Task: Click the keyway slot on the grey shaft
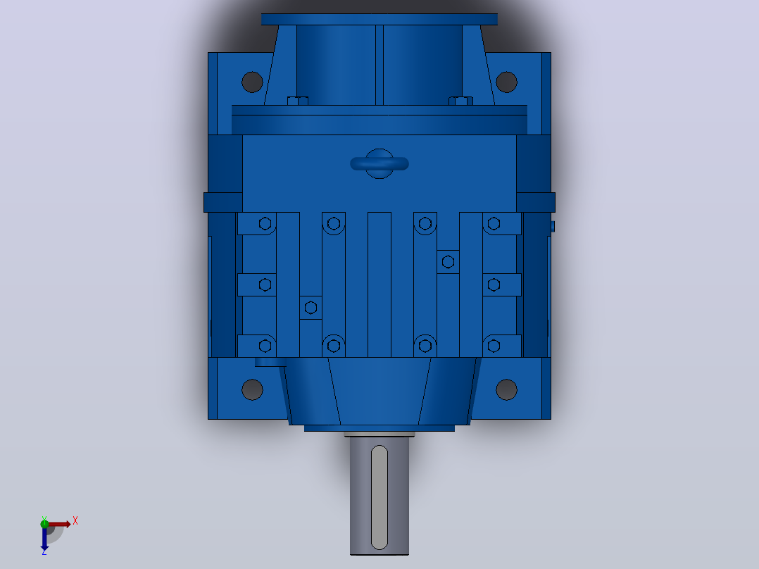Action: tap(379, 497)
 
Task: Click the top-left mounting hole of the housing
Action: tap(252, 82)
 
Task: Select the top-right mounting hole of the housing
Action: tap(506, 82)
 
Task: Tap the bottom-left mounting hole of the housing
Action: tap(252, 389)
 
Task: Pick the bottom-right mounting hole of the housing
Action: tap(506, 389)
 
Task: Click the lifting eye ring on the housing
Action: tap(379, 163)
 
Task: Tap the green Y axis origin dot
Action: tap(44, 523)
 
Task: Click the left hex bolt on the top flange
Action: tap(298, 101)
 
